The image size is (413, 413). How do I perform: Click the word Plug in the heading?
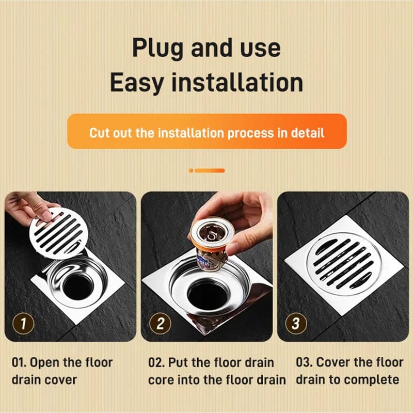[x=157, y=48]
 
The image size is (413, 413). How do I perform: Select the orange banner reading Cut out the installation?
[x=207, y=131]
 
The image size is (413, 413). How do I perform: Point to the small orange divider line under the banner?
[x=207, y=171]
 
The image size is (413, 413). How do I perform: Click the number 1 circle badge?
[x=23, y=324]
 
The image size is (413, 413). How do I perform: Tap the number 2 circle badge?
[x=160, y=324]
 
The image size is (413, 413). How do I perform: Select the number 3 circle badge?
[x=296, y=324]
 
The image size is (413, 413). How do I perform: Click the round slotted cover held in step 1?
[x=58, y=233]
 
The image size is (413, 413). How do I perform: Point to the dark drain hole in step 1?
[x=78, y=287]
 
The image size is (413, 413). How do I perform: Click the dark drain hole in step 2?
[x=207, y=294]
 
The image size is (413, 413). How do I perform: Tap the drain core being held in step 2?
[x=212, y=244]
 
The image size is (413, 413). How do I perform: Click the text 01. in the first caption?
[x=19, y=363]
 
